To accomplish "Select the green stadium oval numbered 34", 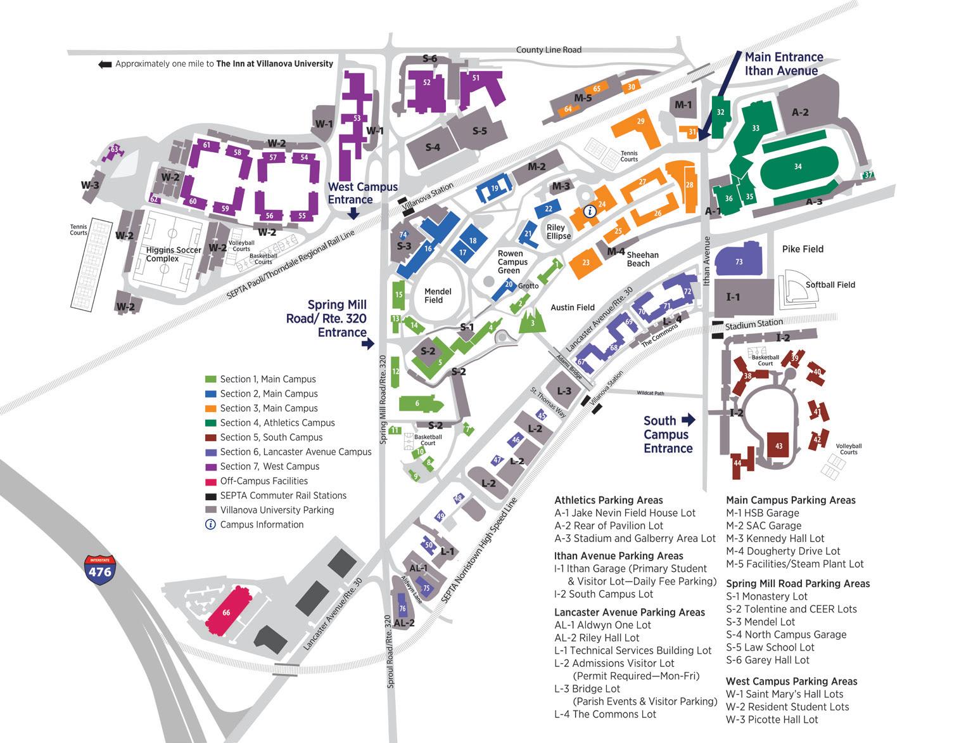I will (797, 167).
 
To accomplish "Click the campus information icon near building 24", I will (589, 212).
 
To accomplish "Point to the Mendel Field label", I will (438, 295).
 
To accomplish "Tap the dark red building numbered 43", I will (778, 446).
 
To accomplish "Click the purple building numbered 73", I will (739, 261).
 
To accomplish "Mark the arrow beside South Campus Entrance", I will (688, 420).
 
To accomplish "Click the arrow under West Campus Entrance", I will (353, 215).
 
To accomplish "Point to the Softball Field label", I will (830, 285).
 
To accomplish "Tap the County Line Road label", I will (548, 50).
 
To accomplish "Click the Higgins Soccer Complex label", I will (173, 254).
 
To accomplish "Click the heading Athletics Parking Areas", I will (608, 500).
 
